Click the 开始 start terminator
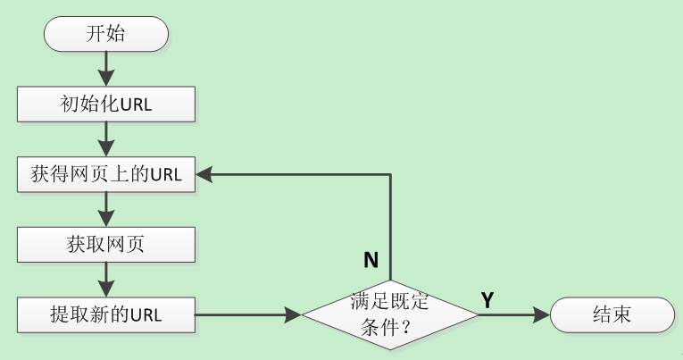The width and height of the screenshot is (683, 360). (x=106, y=36)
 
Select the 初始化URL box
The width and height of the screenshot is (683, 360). (x=106, y=105)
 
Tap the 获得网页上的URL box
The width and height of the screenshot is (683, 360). (x=106, y=174)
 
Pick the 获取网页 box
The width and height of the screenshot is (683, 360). (x=106, y=244)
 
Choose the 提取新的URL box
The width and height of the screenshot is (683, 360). (x=106, y=314)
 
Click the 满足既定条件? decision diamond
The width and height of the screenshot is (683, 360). (x=391, y=314)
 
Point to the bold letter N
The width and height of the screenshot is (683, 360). (x=371, y=260)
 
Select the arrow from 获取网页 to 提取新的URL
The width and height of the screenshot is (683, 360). (x=106, y=279)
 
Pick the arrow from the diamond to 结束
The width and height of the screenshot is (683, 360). (x=514, y=314)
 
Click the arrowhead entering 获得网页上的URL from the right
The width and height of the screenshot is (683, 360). (x=204, y=174)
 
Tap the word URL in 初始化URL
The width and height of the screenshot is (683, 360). (x=136, y=105)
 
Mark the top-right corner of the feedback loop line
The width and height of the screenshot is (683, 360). (x=391, y=174)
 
